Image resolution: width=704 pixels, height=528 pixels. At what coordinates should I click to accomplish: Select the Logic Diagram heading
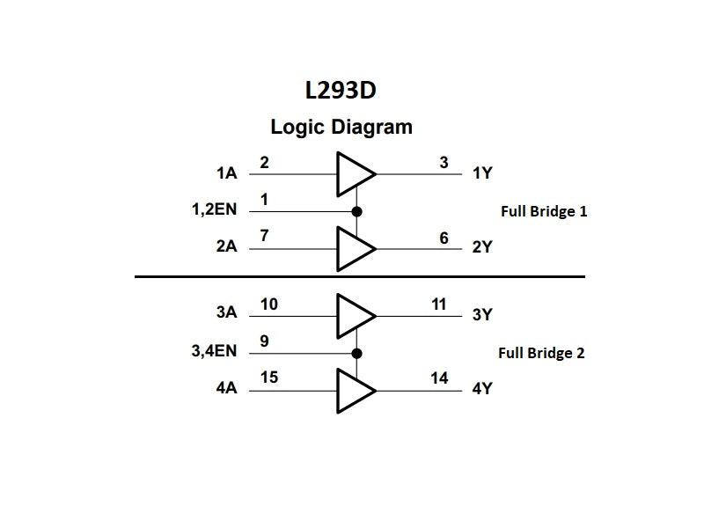[x=341, y=127]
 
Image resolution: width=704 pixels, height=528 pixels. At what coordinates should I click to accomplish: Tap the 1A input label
[x=226, y=173]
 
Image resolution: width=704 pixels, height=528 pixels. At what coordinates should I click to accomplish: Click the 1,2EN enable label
[x=214, y=210]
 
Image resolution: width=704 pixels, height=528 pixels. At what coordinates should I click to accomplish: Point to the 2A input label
[x=226, y=246]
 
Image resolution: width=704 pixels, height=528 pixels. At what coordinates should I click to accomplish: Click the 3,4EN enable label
[x=214, y=351]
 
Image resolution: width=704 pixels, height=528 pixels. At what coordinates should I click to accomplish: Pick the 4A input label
[x=226, y=387]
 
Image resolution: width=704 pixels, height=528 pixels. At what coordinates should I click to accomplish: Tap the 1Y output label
[x=482, y=173]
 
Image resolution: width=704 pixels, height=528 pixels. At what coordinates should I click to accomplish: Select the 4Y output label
[x=482, y=387]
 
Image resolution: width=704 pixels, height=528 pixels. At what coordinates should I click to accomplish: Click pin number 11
[x=439, y=304]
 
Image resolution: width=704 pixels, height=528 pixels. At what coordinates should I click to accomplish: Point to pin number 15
[x=269, y=378]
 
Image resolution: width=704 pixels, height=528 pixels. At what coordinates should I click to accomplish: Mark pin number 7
[x=264, y=237]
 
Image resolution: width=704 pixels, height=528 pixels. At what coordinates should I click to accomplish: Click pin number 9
[x=264, y=341]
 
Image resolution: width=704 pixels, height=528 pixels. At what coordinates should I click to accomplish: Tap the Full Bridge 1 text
[x=544, y=211]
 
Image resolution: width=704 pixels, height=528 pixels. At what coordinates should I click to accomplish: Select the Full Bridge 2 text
[x=541, y=353]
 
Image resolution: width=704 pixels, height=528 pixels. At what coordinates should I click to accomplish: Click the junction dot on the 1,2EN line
[x=356, y=211]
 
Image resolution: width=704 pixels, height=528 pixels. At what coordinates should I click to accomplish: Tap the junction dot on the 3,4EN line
[x=356, y=353]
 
